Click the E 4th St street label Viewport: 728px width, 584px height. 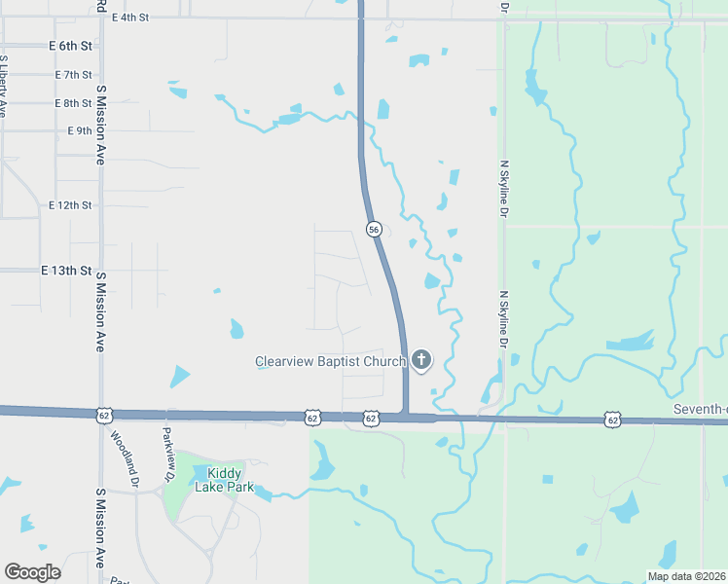(x=129, y=18)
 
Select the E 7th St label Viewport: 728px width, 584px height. (x=74, y=74)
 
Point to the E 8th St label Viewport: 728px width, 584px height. (x=74, y=102)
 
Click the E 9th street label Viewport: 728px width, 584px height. (x=79, y=130)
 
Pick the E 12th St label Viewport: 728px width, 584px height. (x=70, y=205)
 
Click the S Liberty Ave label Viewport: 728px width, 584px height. (x=4, y=87)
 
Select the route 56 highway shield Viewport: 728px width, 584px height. (x=374, y=229)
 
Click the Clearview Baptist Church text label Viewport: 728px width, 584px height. (x=330, y=361)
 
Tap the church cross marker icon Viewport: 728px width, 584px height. (x=421, y=361)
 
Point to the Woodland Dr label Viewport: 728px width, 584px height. (x=125, y=460)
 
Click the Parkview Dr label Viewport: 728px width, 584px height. (x=168, y=455)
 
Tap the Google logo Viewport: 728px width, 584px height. (x=32, y=571)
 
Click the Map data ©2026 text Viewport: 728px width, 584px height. (x=685, y=576)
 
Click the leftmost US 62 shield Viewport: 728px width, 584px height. (x=104, y=416)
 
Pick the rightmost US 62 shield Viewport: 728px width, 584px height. (x=611, y=420)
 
